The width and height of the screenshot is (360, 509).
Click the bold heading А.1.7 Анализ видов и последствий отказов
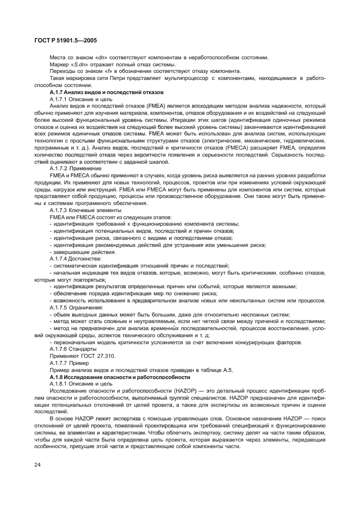(102, 92)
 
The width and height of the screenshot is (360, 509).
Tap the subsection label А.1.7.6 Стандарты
(73, 349)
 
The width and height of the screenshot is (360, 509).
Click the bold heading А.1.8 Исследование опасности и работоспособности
(120, 377)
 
